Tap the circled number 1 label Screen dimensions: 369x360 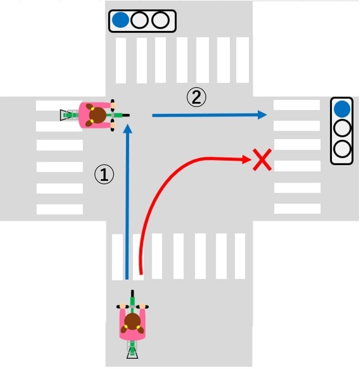coord(104,175)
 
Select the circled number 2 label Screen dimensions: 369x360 coord(196,98)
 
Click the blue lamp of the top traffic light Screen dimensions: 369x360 coord(120,21)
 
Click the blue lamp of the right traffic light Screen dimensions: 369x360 coord(341,109)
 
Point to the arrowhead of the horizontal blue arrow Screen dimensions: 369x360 coord(262,115)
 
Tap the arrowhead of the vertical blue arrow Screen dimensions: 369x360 coord(128,129)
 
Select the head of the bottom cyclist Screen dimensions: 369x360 coord(133,322)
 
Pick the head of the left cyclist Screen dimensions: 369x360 coord(98,115)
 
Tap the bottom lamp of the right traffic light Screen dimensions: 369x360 coord(341,149)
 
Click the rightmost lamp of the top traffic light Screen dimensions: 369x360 coord(161,21)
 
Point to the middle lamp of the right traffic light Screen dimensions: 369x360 coord(341,129)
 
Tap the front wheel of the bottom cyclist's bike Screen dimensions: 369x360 coord(133,297)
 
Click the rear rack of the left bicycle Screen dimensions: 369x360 coord(66,115)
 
